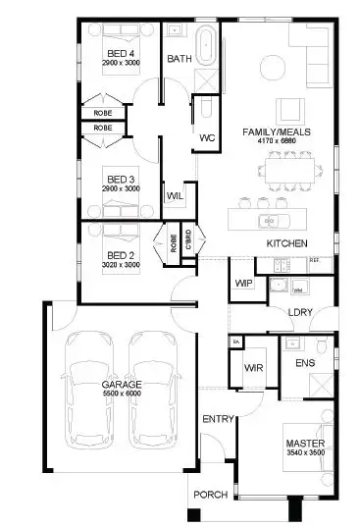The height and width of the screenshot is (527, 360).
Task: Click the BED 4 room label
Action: [120, 53]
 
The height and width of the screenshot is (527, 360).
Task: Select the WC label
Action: [207, 137]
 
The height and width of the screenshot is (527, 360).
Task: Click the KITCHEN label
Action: [287, 242]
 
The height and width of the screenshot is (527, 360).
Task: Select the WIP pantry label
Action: [243, 284]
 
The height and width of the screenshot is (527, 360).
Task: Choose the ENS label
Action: [304, 363]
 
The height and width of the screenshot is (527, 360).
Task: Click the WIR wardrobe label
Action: [251, 368]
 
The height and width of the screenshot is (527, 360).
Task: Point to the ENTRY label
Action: [218, 420]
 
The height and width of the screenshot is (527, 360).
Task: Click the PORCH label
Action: [209, 495]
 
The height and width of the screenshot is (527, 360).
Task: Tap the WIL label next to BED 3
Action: [176, 196]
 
